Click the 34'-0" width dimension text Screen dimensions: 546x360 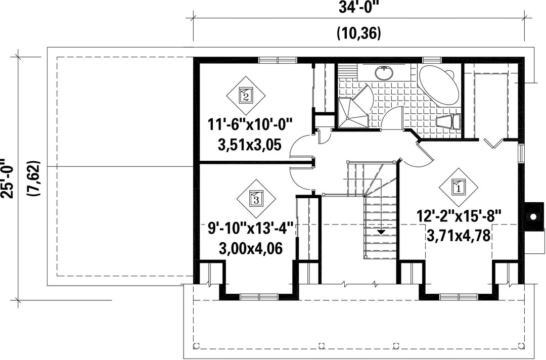358,8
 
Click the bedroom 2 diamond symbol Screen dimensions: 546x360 246,96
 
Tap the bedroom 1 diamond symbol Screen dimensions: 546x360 458,187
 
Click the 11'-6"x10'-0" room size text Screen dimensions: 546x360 250,124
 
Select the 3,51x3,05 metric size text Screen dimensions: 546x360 249,145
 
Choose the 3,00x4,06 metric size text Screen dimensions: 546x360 251,249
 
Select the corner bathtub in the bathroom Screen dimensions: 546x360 438,84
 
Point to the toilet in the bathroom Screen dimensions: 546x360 448,122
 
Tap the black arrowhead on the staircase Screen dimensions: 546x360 381,232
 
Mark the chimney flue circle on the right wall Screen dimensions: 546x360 533,216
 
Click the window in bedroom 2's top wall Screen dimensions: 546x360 278,60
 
